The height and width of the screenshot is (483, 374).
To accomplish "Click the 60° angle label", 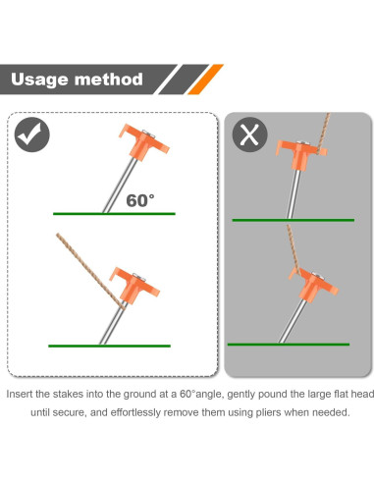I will [140, 199].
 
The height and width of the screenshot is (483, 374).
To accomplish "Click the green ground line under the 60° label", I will [114, 213].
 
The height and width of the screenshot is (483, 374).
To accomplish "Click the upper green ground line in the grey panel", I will [292, 220].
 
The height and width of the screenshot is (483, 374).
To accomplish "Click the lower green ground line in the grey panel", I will [289, 344].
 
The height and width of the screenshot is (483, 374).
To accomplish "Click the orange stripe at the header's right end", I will [209, 79].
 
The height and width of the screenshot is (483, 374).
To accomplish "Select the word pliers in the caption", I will [278, 413].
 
